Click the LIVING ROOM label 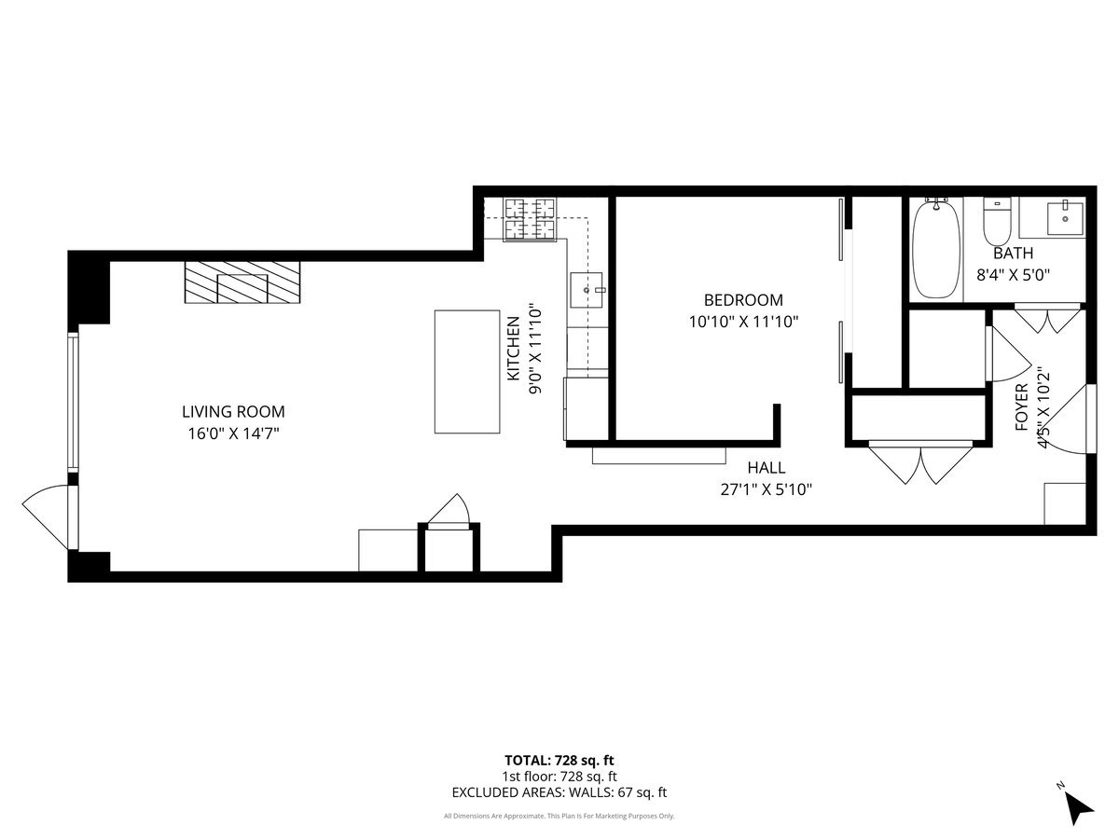[x=233, y=411]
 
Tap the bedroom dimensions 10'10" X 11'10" [x=743, y=322]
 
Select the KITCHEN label [x=513, y=348]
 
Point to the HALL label [x=766, y=468]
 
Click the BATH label [x=1013, y=253]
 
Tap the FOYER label [x=1021, y=407]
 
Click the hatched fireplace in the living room [x=242, y=282]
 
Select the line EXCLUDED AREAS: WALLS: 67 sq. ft [x=559, y=793]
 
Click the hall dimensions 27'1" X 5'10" [x=767, y=489]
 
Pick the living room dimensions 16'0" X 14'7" [x=233, y=433]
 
